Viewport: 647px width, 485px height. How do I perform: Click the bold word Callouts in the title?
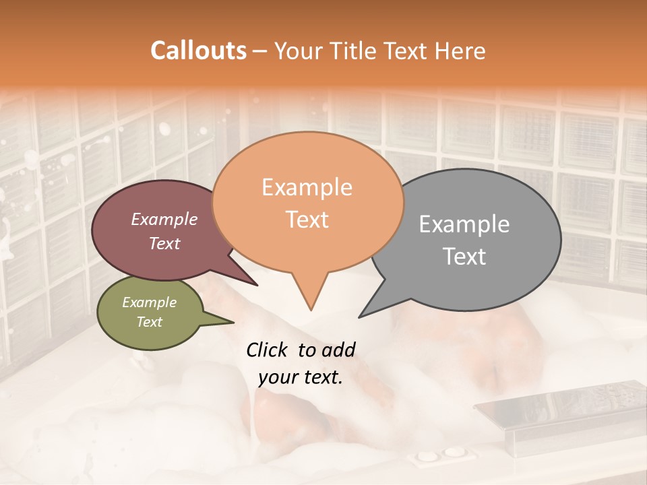[198, 51]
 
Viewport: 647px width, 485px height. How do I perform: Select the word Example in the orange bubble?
[307, 187]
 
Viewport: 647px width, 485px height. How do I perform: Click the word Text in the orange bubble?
[307, 220]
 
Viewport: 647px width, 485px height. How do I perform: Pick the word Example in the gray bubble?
[464, 224]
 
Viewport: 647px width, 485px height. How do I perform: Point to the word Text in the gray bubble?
[464, 257]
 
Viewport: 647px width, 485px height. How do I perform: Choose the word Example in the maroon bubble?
[164, 219]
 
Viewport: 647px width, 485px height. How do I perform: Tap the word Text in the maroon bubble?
[164, 243]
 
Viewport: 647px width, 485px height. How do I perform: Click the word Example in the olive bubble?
[149, 302]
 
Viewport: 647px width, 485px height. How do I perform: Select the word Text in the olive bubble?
[149, 322]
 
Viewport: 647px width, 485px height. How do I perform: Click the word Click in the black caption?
[268, 350]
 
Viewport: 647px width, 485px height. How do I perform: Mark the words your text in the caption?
[301, 377]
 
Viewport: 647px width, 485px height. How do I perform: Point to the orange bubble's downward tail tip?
[311, 309]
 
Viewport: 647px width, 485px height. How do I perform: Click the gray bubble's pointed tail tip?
[361, 316]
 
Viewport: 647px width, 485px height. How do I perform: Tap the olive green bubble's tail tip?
[233, 322]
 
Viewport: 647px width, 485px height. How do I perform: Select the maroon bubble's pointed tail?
[255, 284]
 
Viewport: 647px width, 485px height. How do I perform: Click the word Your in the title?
[297, 51]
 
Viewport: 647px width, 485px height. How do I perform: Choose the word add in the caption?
[338, 350]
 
